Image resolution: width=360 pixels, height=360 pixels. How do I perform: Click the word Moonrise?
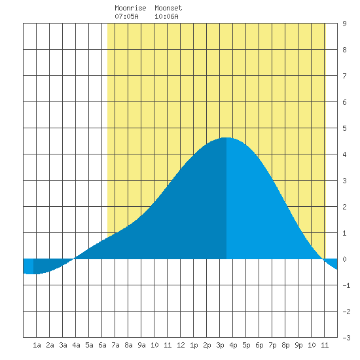coord(130,8)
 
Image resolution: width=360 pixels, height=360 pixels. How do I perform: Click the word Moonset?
coord(168,8)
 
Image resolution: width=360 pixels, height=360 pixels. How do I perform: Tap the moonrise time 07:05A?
coord(126,16)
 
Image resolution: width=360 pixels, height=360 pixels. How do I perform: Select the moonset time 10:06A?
coord(166,16)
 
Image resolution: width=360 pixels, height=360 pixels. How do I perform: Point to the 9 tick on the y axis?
coord(344,24)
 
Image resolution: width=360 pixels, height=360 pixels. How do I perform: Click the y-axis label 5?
coord(344,128)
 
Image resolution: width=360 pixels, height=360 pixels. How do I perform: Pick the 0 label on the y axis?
coord(344,259)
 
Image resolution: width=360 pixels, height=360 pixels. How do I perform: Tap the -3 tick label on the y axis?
coord(346,338)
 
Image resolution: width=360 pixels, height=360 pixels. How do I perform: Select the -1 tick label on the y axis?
coord(346,285)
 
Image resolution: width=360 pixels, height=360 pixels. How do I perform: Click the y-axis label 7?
coord(344,76)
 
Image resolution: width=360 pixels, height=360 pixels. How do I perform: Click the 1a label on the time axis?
coord(37,345)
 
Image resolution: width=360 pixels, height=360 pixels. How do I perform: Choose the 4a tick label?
coord(76,345)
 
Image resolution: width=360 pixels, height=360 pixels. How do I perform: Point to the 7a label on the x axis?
coord(115,345)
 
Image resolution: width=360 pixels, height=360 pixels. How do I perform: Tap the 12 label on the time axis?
coord(181,345)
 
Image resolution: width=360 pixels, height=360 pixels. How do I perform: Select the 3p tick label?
coord(220,345)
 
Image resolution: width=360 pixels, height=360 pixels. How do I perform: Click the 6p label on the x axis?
coord(259,345)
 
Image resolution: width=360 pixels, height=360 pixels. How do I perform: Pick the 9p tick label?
coord(298,345)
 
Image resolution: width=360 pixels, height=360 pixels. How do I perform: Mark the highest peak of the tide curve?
coord(226,137)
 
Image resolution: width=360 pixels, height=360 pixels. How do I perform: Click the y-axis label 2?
coord(344,207)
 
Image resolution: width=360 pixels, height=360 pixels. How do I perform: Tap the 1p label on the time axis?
coord(194,345)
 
